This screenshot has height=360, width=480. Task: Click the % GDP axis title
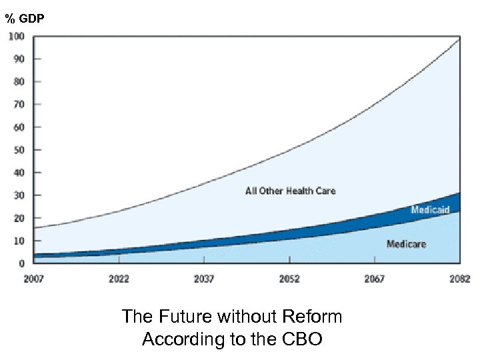coord(25,19)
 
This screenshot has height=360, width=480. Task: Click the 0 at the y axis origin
coord(22,263)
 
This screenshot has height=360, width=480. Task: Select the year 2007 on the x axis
coord(34,279)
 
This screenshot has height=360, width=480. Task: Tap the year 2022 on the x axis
coord(119,279)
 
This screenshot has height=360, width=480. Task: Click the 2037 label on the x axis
coord(204,279)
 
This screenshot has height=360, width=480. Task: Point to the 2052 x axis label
coord(289,279)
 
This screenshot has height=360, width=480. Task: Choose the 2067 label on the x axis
coord(374,279)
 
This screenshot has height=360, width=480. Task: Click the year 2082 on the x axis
coord(459,279)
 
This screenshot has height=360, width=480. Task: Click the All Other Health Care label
coord(291,191)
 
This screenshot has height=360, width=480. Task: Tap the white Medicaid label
coord(430,210)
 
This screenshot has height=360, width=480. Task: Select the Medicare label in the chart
coord(406,244)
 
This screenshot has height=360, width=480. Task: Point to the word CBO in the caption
coord(301,339)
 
